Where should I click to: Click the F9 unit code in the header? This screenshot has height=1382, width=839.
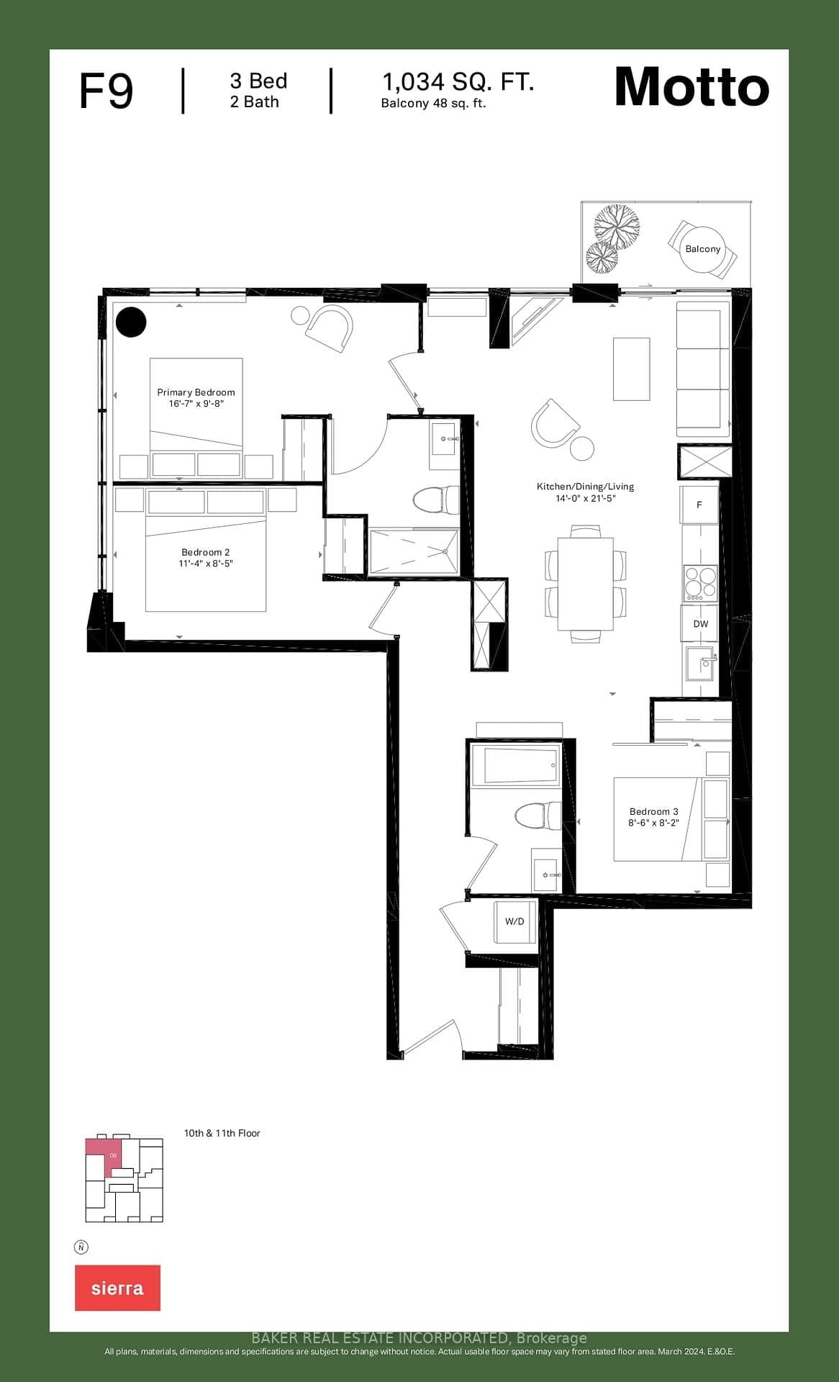106,91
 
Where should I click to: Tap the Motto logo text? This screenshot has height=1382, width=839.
691,87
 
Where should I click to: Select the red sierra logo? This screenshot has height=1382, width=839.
117,1288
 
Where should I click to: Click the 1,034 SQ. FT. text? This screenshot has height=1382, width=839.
458,82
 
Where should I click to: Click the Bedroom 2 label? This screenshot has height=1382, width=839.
206,557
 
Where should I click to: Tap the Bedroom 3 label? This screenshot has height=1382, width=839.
653,816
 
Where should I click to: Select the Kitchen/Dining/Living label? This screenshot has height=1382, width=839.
585,492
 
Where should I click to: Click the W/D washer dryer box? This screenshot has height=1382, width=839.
514,921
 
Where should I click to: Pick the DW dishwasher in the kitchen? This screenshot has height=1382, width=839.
700,624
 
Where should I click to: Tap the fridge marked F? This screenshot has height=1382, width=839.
699,505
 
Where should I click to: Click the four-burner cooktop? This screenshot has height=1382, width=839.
700,583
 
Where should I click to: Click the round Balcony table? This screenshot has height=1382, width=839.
702,249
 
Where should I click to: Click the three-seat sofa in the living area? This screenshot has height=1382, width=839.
702,369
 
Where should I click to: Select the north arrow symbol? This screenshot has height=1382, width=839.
81,1247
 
